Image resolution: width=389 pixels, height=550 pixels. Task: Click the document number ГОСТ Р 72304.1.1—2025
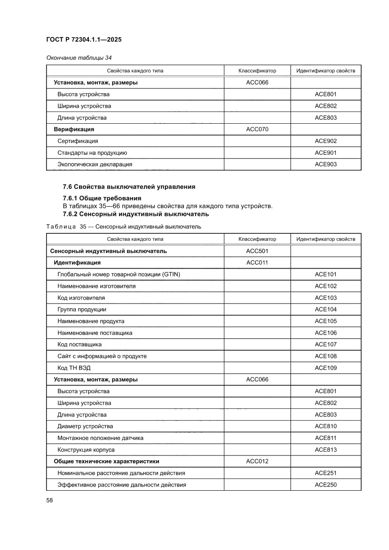(x=84, y=40)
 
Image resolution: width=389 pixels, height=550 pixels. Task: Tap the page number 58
(x=49, y=500)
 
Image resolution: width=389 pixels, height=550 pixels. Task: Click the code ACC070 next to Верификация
(x=257, y=129)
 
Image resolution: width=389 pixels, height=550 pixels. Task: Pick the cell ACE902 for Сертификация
(x=325, y=141)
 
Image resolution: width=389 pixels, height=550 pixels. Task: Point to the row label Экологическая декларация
(x=95, y=164)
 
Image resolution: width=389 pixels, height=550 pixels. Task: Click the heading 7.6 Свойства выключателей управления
(x=129, y=187)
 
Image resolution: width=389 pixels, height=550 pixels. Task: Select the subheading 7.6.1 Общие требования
(x=102, y=198)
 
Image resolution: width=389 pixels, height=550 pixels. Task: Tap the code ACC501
(x=257, y=251)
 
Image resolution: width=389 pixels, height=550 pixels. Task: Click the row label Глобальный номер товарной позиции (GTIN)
(x=119, y=274)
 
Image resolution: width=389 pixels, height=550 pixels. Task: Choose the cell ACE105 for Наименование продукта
(x=325, y=321)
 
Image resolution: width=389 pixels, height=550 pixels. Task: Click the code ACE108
(x=325, y=356)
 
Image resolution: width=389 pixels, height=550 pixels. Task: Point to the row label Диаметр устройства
(x=85, y=426)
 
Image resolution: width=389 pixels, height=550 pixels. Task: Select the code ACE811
(x=325, y=438)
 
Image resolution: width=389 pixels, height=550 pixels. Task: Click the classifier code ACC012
(x=257, y=462)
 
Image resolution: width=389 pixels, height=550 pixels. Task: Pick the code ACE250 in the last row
(x=325, y=485)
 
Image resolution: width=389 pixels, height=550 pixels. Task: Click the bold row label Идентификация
(x=77, y=263)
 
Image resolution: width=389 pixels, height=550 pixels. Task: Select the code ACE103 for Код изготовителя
(x=325, y=298)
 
